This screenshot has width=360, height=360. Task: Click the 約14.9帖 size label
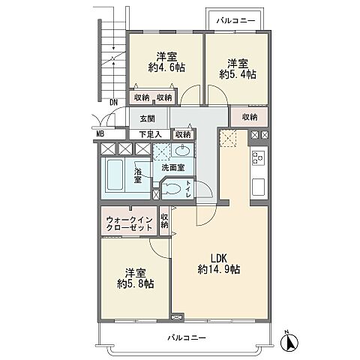tap(219, 268)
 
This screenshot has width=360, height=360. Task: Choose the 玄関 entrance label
tap(147, 118)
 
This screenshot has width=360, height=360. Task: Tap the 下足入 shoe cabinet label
tap(149, 135)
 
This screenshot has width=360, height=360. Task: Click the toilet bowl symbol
tap(172, 190)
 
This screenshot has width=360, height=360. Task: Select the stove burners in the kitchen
tap(258, 158)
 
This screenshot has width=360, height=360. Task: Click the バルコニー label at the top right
tap(232, 20)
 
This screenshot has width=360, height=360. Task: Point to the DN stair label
tap(113, 102)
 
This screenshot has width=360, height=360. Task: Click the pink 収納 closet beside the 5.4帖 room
tap(250, 118)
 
